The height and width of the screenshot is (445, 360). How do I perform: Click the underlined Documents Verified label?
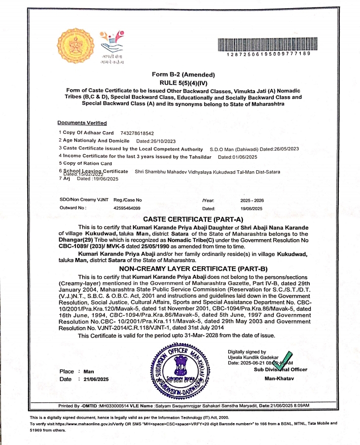(82, 123)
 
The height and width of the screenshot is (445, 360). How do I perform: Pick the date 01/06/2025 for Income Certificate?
(234, 156)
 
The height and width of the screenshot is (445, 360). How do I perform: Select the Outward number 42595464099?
(127, 208)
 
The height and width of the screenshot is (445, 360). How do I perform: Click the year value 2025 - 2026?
(252, 201)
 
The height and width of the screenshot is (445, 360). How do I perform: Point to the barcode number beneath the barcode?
(268, 54)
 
